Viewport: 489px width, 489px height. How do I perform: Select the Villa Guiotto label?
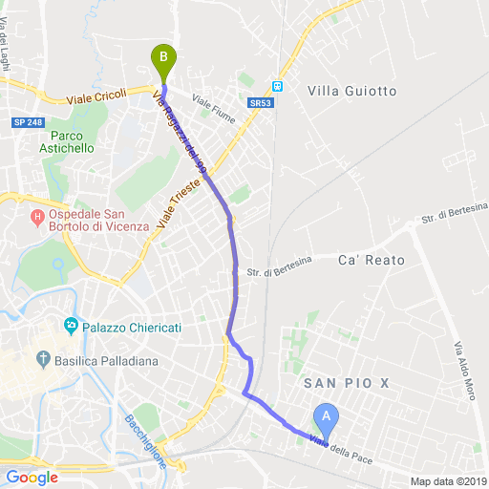click(351, 91)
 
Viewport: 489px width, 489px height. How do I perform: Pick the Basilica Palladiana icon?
click(42, 360)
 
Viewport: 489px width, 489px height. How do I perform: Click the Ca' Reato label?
click(372, 260)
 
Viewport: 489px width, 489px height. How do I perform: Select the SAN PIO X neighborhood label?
click(346, 383)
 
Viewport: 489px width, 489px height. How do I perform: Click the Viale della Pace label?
click(342, 447)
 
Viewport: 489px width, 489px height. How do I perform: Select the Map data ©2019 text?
click(448, 480)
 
